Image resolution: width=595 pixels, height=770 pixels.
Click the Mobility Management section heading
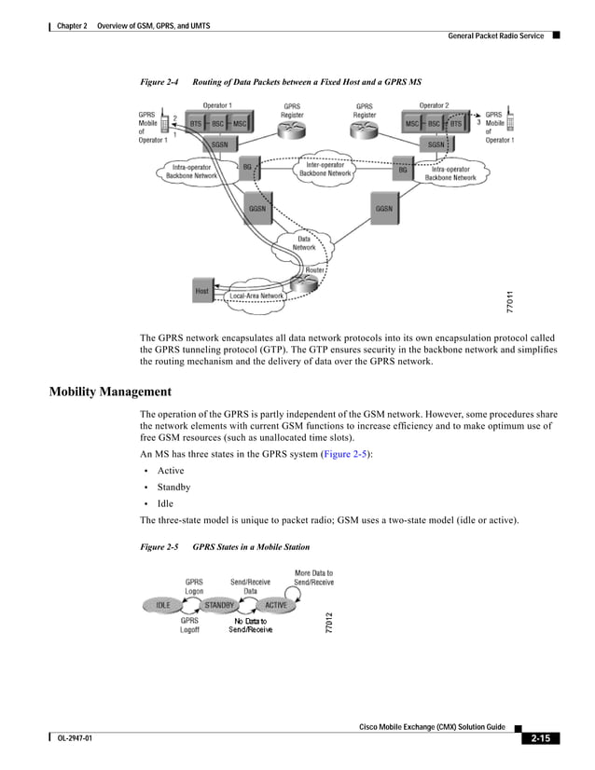[x=109, y=392]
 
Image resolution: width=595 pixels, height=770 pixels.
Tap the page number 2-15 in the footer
[x=539, y=739]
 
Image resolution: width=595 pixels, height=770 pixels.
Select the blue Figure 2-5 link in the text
[x=345, y=453]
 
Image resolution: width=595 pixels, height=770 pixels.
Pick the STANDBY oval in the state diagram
[x=220, y=605]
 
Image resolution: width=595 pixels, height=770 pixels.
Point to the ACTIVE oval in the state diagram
[x=276, y=605]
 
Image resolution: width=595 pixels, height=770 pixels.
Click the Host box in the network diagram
[x=202, y=291]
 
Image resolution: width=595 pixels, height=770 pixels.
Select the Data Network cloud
[x=304, y=243]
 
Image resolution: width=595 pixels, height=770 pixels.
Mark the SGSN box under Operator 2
[x=436, y=144]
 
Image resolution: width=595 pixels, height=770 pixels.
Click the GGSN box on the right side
[x=384, y=209]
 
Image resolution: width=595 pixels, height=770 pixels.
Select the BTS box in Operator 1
[x=196, y=123]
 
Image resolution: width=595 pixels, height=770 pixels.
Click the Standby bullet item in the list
[x=173, y=487]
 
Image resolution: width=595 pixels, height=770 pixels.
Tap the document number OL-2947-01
[x=76, y=739]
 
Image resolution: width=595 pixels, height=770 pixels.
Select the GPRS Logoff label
[x=189, y=625]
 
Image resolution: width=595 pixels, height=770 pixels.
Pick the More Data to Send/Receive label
[x=313, y=578]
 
